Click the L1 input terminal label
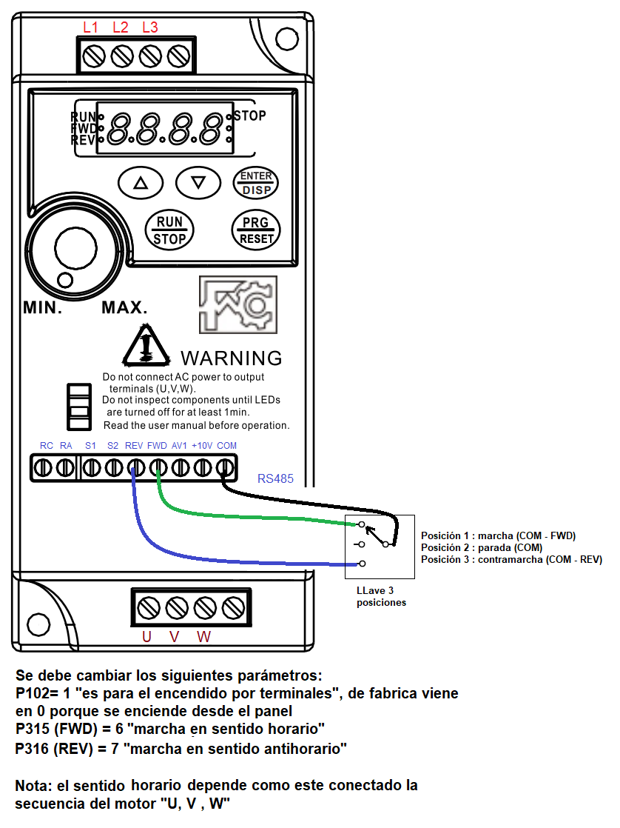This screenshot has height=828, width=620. coord(91,27)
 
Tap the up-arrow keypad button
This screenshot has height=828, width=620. coord(141,183)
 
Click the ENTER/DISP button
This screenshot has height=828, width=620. coord(256,183)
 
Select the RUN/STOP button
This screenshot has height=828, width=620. coord(169,230)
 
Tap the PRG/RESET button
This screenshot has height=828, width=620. coord(256,230)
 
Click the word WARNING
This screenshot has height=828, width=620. coord(232,358)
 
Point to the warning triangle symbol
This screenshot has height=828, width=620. coord(146,345)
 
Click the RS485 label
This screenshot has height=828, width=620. coord(275,478)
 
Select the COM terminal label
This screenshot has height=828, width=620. coord(227,446)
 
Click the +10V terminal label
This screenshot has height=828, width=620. coord(202,446)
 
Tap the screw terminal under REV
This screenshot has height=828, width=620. coord(135,468)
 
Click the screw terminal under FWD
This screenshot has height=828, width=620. coord(158,468)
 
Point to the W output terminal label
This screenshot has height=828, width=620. coord(203,637)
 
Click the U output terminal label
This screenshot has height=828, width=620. coord(146,637)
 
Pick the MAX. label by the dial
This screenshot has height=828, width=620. coord(124,307)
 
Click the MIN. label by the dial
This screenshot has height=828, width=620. coord(43,307)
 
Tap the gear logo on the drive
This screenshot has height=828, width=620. coord(238,304)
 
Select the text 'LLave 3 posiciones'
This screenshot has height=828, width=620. coord(381,597)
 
